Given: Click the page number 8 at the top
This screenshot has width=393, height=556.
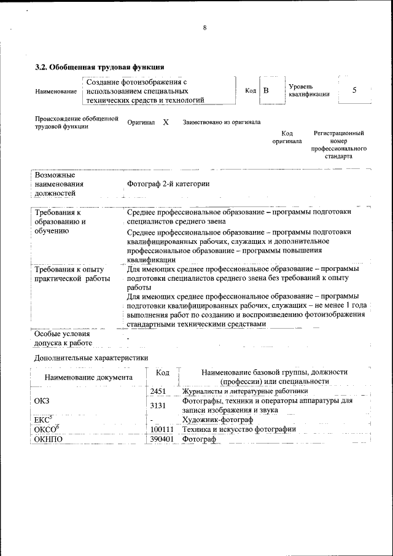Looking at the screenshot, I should coord(204,28).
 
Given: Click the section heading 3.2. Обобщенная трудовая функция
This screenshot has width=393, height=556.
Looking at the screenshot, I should coord(99,67).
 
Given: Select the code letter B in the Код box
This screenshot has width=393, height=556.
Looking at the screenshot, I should coord(267,91).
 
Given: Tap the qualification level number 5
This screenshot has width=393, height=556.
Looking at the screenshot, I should coord(354,90).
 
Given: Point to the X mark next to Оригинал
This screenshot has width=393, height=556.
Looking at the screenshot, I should coord(166,122).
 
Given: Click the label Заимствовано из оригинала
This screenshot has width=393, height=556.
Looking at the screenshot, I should coord(222,122).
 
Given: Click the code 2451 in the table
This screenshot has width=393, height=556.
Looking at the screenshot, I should coord(158,391).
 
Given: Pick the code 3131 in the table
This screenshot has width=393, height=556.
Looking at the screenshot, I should coord(158,405).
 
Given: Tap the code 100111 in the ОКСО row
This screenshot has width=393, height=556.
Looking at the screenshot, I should coord(161,429).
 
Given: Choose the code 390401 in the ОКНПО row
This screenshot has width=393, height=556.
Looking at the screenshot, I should coord(161,439).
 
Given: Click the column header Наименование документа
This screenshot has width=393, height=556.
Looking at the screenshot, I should coord(88,377).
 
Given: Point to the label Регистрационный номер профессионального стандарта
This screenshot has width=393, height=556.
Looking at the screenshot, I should coord(339,144).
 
